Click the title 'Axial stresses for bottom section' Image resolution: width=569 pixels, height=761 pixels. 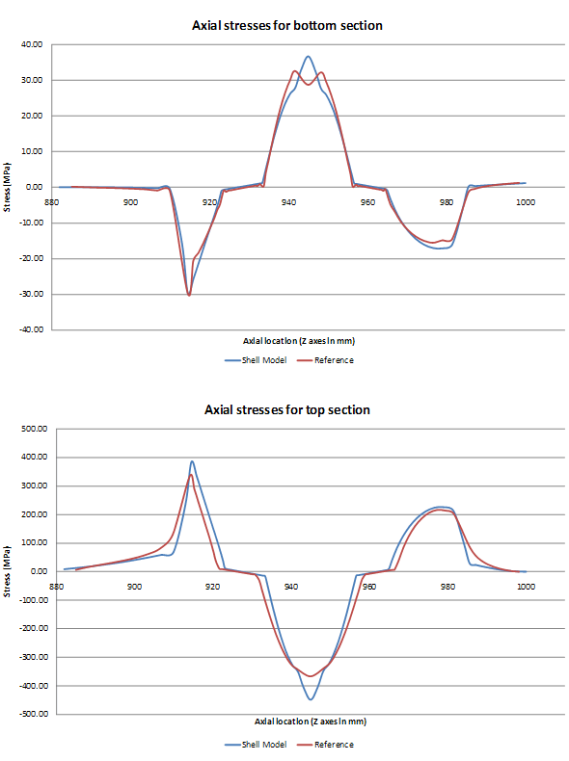(x=287, y=25)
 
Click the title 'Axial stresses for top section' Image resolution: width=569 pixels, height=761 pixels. (x=287, y=409)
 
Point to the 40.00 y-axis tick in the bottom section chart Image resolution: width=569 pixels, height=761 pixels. (x=32, y=44)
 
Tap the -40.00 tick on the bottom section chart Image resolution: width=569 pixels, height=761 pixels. (x=30, y=329)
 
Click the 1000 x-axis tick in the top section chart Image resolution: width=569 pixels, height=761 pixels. (x=525, y=586)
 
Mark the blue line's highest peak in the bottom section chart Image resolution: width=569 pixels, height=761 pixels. (x=308, y=56)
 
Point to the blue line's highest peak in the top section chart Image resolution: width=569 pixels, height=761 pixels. (x=192, y=460)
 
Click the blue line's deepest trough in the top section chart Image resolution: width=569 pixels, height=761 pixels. (x=310, y=699)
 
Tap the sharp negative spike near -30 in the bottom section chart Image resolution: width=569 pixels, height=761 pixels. (x=189, y=295)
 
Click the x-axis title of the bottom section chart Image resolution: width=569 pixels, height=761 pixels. (x=287, y=341)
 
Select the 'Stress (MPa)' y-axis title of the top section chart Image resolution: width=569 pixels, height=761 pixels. (x=9, y=571)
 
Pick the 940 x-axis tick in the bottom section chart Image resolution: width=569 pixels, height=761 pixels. (x=288, y=201)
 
